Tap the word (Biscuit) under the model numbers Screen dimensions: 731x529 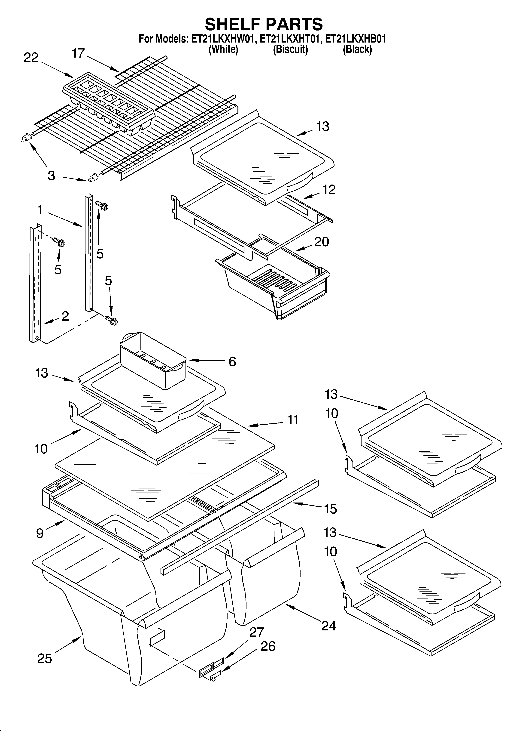pyautogui.click(x=290, y=49)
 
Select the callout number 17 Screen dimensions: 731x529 pyautogui.click(x=78, y=53)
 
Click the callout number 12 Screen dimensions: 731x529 pyautogui.click(x=329, y=190)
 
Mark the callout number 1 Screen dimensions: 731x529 pyautogui.click(x=40, y=210)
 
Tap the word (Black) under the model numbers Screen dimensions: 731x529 pyautogui.click(x=357, y=49)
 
